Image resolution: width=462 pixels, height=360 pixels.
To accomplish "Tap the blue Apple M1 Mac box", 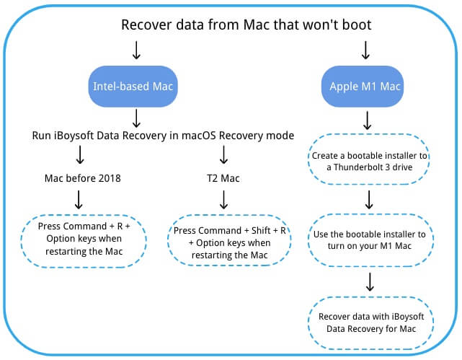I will pos(365,87).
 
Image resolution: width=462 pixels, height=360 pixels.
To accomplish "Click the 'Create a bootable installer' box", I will pos(368,161).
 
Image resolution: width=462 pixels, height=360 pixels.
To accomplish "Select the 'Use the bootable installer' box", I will pos(370,240).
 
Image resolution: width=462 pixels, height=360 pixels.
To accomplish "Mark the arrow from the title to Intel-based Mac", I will pos(135,51).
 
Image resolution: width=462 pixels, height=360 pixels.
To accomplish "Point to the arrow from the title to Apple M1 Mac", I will pos(365,51).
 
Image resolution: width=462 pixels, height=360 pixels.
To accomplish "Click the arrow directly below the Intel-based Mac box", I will pos(135,118).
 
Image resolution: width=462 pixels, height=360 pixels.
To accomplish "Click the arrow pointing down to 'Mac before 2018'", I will pos(79,155).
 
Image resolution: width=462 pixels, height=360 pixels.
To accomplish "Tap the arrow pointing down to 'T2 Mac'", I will pos(224,155).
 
